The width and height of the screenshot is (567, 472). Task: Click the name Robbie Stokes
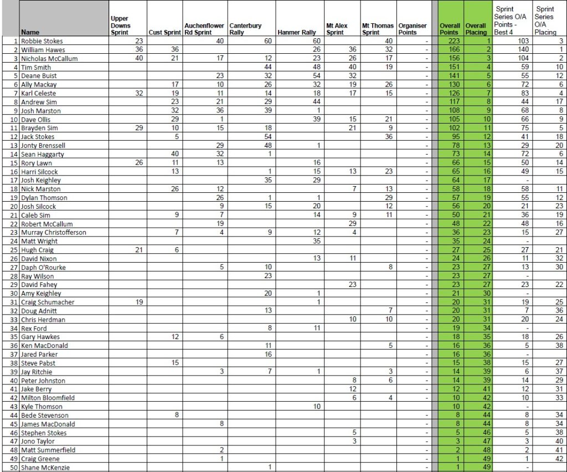(42, 41)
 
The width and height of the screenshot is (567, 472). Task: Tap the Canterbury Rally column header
(245, 29)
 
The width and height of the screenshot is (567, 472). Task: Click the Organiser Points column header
(413, 29)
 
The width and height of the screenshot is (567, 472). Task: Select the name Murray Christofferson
(54, 233)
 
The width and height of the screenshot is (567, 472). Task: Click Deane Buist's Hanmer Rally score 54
(316, 76)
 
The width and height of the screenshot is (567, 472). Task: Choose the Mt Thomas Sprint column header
(378, 29)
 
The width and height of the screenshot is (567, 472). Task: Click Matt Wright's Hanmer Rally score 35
(316, 242)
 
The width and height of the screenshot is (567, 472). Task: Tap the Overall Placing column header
(476, 29)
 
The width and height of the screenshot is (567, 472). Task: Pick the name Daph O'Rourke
(44, 268)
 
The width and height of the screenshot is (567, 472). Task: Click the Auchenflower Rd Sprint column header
(204, 29)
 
